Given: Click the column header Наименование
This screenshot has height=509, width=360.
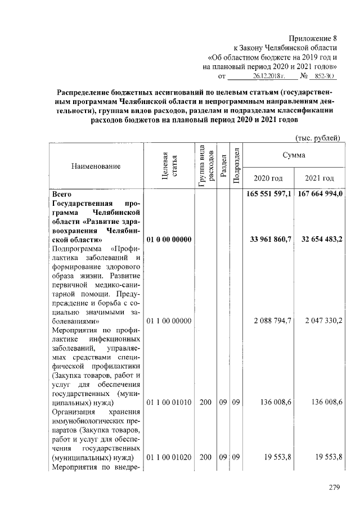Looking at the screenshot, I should [x=96, y=166].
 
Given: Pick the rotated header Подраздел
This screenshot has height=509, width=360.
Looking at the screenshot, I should [x=237, y=166].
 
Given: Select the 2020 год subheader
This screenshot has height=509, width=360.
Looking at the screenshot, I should [x=268, y=178].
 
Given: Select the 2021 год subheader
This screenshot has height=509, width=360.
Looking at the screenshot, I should [x=319, y=178].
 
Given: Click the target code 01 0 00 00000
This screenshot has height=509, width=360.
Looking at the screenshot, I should [x=169, y=240].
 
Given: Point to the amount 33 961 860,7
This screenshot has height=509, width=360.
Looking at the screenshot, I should [x=269, y=240].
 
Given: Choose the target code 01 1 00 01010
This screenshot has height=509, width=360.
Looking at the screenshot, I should [x=169, y=403].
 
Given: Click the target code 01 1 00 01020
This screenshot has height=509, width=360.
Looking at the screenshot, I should [x=169, y=458].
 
